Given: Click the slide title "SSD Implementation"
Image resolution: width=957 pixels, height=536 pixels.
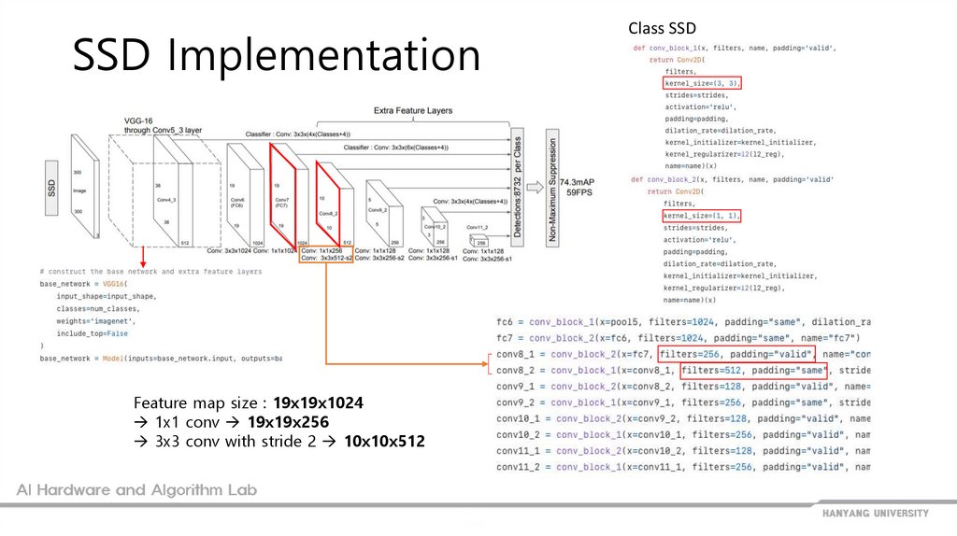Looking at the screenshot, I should tap(277, 57).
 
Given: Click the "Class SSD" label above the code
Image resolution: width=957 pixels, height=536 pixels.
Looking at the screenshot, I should tap(662, 29).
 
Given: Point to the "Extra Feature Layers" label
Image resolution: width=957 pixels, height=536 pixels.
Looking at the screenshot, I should tap(412, 111).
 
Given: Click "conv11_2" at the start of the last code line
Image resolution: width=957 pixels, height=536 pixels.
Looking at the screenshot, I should tap(518, 467).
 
